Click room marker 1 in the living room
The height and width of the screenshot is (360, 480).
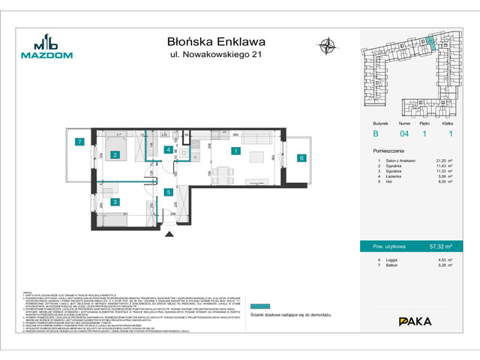click(x=235, y=151)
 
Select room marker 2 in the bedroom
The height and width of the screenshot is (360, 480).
click(x=115, y=155)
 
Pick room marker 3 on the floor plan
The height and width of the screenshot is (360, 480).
click(x=115, y=202)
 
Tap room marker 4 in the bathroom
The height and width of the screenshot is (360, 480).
click(x=169, y=149)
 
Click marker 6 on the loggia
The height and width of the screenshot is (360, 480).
click(x=301, y=157)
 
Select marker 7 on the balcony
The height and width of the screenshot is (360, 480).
click(x=78, y=142)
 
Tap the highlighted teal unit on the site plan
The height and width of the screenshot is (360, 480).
click(x=439, y=43)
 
